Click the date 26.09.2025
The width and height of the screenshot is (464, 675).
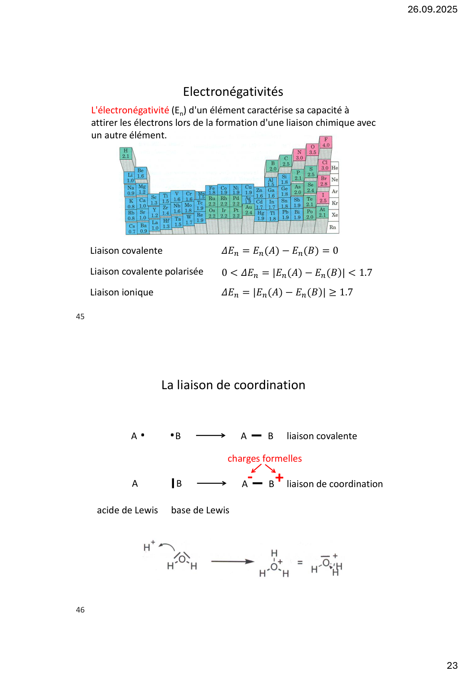click(x=432, y=9)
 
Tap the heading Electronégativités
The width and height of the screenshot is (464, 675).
click(x=233, y=92)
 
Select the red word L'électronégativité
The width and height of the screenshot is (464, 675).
click(x=130, y=110)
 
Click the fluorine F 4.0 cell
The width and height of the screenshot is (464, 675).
click(x=326, y=142)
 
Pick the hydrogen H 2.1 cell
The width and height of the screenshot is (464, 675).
click(x=126, y=153)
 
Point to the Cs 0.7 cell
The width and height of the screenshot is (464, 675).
click(x=132, y=229)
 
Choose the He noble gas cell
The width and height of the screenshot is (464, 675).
click(x=335, y=168)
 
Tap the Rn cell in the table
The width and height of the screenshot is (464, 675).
click(x=332, y=227)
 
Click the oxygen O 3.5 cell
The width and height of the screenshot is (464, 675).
click(x=313, y=150)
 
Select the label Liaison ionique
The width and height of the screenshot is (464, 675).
click(x=122, y=292)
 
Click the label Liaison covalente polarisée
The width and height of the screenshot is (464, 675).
click(x=146, y=272)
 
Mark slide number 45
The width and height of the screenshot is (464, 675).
click(x=80, y=317)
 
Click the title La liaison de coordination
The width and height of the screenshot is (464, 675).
click(x=233, y=385)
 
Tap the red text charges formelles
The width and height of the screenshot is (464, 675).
click(x=265, y=459)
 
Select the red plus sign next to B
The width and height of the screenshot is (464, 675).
click(x=279, y=477)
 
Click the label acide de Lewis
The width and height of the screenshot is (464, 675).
click(x=127, y=510)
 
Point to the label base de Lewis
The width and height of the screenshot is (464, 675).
click(x=200, y=510)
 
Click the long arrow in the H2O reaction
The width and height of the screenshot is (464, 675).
click(x=232, y=562)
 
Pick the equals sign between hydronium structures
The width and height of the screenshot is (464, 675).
click(x=300, y=562)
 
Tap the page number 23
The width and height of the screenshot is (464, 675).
click(x=452, y=665)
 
